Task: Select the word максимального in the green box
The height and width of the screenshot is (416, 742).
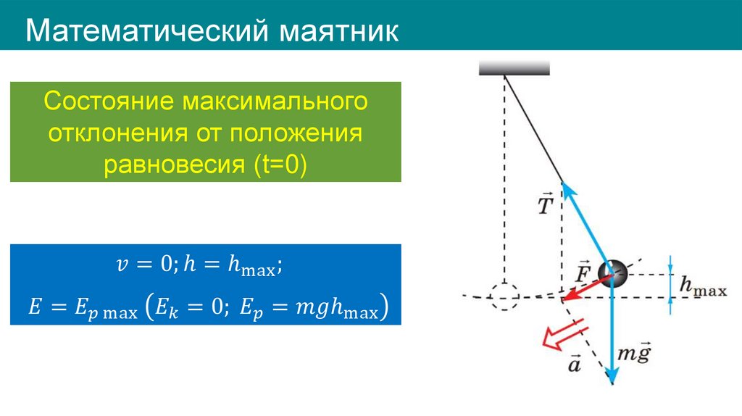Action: point(275,101)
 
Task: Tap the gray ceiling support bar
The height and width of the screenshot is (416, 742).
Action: point(514,68)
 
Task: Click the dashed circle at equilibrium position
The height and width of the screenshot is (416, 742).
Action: point(504,296)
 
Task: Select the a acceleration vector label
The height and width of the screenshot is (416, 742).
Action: point(574,362)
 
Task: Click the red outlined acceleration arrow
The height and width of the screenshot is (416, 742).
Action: point(561,336)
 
